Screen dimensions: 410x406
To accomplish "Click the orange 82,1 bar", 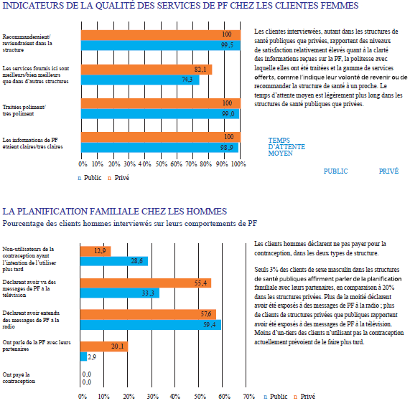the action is (146, 70).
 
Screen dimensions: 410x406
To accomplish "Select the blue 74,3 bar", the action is (140, 80).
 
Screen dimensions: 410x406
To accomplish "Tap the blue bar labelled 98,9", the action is (160, 147).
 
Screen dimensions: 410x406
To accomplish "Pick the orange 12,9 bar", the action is (95, 251).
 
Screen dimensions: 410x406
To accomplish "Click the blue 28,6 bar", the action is (114, 261).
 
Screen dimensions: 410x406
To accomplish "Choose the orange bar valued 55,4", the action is (146, 283).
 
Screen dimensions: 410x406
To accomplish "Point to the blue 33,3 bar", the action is (120, 293).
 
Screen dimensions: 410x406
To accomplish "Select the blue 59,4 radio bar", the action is (151, 325).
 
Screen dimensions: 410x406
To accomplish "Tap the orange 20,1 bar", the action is (104, 346).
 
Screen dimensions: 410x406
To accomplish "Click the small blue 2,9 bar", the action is (84, 357).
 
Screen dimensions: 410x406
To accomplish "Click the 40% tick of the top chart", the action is (144, 164).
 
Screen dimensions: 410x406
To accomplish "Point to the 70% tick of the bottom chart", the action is (249, 397).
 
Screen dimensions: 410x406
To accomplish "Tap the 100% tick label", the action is (238, 164).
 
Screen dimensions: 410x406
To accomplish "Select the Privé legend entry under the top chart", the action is (118, 178).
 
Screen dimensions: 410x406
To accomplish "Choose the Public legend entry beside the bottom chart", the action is (276, 397).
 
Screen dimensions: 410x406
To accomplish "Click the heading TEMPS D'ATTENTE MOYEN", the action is (286, 147).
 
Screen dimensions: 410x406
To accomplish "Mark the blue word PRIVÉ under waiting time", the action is (389, 171).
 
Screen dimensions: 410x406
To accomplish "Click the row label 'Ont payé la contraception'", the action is (19, 378).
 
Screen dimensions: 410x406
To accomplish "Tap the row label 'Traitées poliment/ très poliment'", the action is (24, 110).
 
